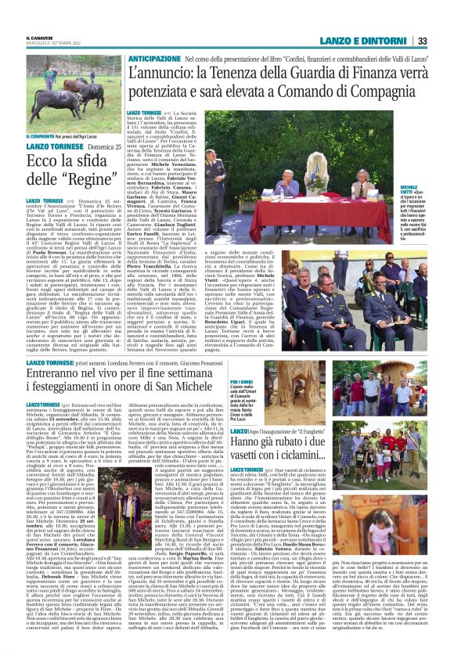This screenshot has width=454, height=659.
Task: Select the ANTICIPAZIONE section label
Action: [155, 59]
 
